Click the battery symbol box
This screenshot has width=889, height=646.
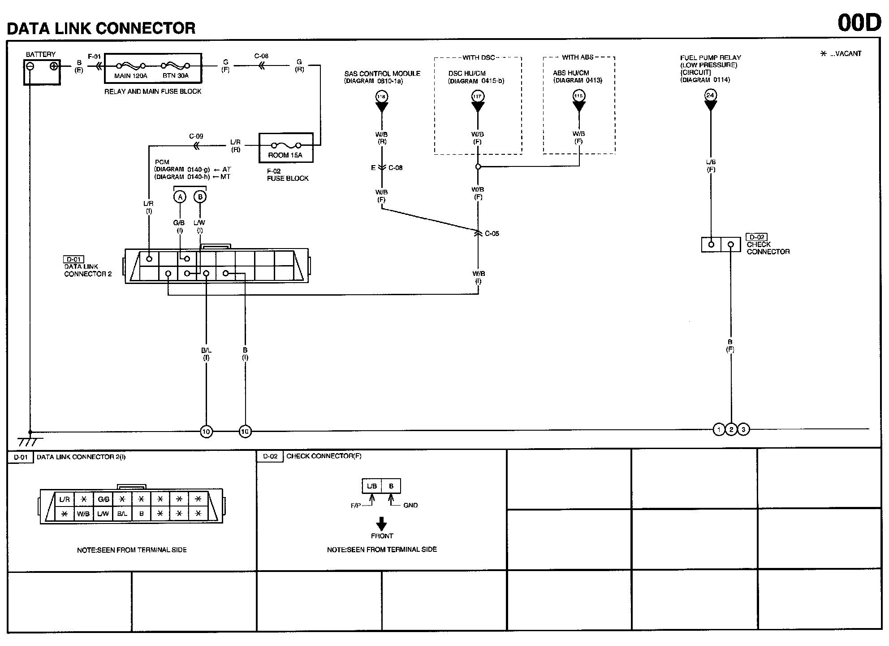pyautogui.click(x=42, y=72)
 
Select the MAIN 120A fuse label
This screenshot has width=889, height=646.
pyautogui.click(x=130, y=76)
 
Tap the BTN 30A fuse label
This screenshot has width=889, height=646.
pyautogui.click(x=175, y=76)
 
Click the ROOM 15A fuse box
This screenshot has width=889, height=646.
pyautogui.click(x=286, y=148)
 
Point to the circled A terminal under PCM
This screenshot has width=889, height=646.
pyautogui.click(x=180, y=197)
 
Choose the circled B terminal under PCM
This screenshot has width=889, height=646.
pyautogui.click(x=200, y=197)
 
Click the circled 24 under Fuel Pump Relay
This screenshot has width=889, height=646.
pyautogui.click(x=710, y=95)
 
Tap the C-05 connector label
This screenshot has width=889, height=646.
pyautogui.click(x=492, y=234)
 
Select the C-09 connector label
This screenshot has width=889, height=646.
pyautogui.click(x=196, y=136)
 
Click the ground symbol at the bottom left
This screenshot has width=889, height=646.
pyautogui.click(x=30, y=441)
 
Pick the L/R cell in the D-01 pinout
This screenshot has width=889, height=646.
pyautogui.click(x=65, y=499)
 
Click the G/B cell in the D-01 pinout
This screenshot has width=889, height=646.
pyautogui.click(x=104, y=499)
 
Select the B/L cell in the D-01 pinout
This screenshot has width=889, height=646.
pyautogui.click(x=122, y=514)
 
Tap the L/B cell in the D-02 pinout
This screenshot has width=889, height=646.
pyautogui.click(x=372, y=486)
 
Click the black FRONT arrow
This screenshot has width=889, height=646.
pyautogui.click(x=381, y=524)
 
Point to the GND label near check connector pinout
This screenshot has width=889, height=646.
pyautogui.click(x=410, y=506)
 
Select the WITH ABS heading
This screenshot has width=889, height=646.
pyautogui.click(x=578, y=57)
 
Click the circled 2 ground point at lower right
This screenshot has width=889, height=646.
pyautogui.click(x=731, y=430)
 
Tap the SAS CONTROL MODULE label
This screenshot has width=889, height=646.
pyautogui.click(x=382, y=74)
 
